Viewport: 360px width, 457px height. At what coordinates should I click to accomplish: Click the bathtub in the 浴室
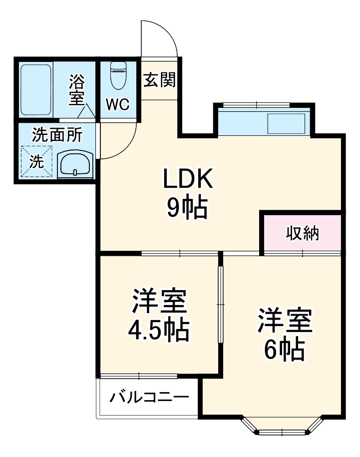click(36, 89)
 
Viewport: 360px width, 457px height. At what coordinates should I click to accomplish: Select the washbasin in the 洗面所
click(75, 164)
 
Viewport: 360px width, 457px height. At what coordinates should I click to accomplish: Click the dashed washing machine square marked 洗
click(36, 161)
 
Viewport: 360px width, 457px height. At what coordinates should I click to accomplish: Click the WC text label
click(118, 104)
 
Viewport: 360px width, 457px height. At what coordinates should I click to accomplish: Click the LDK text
click(188, 179)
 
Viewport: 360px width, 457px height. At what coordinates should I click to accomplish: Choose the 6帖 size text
click(284, 349)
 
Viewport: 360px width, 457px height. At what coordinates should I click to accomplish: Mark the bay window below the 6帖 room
click(282, 427)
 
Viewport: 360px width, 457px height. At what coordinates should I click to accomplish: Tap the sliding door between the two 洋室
click(221, 305)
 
